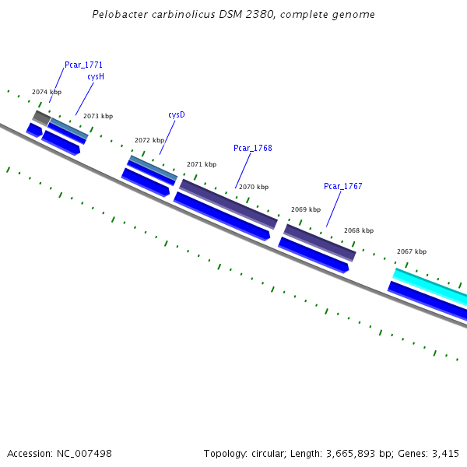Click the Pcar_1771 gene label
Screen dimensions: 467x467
click(83, 65)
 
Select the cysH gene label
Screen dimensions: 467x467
click(96, 77)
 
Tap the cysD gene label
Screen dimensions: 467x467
click(177, 114)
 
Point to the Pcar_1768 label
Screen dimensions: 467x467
click(253, 148)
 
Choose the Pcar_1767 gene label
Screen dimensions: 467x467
click(343, 186)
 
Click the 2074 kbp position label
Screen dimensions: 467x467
click(47, 92)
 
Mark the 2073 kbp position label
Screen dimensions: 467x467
click(98, 116)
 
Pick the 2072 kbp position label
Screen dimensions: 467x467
click(149, 141)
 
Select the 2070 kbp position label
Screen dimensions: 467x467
click(254, 187)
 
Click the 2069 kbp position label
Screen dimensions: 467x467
click(306, 209)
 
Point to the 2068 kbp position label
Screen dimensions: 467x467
click(359, 230)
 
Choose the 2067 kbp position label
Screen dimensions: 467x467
click(412, 251)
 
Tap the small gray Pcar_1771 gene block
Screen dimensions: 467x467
click(41, 118)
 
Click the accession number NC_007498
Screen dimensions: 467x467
click(83, 453)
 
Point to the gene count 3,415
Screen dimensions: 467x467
click(447, 453)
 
